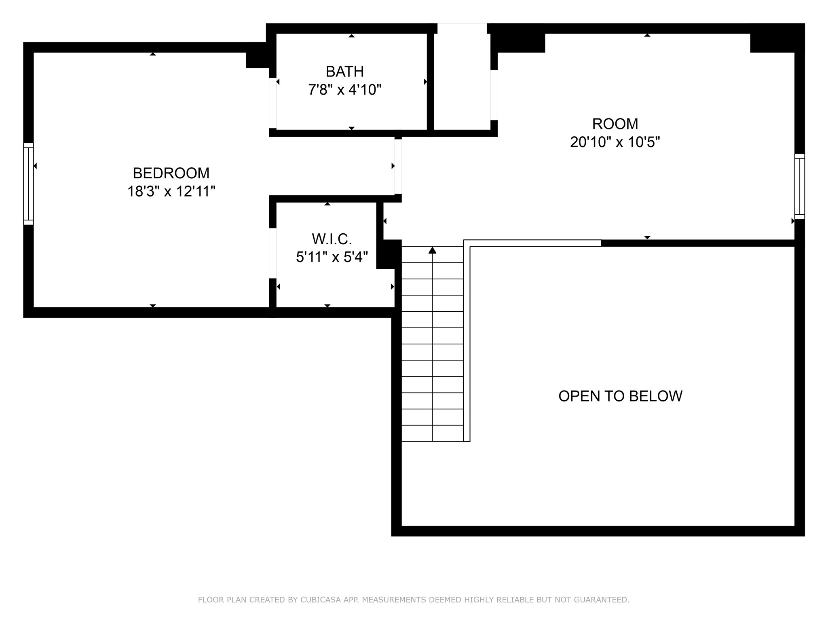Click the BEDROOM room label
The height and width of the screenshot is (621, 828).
171,173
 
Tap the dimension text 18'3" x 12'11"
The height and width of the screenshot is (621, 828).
171,191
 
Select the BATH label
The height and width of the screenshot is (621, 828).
344,72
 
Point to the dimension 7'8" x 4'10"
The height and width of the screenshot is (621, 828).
344,90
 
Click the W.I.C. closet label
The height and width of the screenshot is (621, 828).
332,239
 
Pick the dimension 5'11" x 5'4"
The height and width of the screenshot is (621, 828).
332,257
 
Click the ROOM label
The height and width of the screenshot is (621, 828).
615,124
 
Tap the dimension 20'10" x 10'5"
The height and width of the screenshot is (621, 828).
615,142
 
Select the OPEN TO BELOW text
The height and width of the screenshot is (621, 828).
620,396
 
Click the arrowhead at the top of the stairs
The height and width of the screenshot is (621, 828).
432,250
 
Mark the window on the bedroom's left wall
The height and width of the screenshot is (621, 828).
28,184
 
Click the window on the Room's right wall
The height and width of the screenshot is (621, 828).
799,186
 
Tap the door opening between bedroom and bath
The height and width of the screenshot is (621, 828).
273,103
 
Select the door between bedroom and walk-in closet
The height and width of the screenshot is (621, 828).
273,253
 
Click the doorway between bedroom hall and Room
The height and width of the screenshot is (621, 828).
398,166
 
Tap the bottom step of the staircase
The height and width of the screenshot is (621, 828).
432,433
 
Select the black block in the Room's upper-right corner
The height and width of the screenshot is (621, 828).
776,38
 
